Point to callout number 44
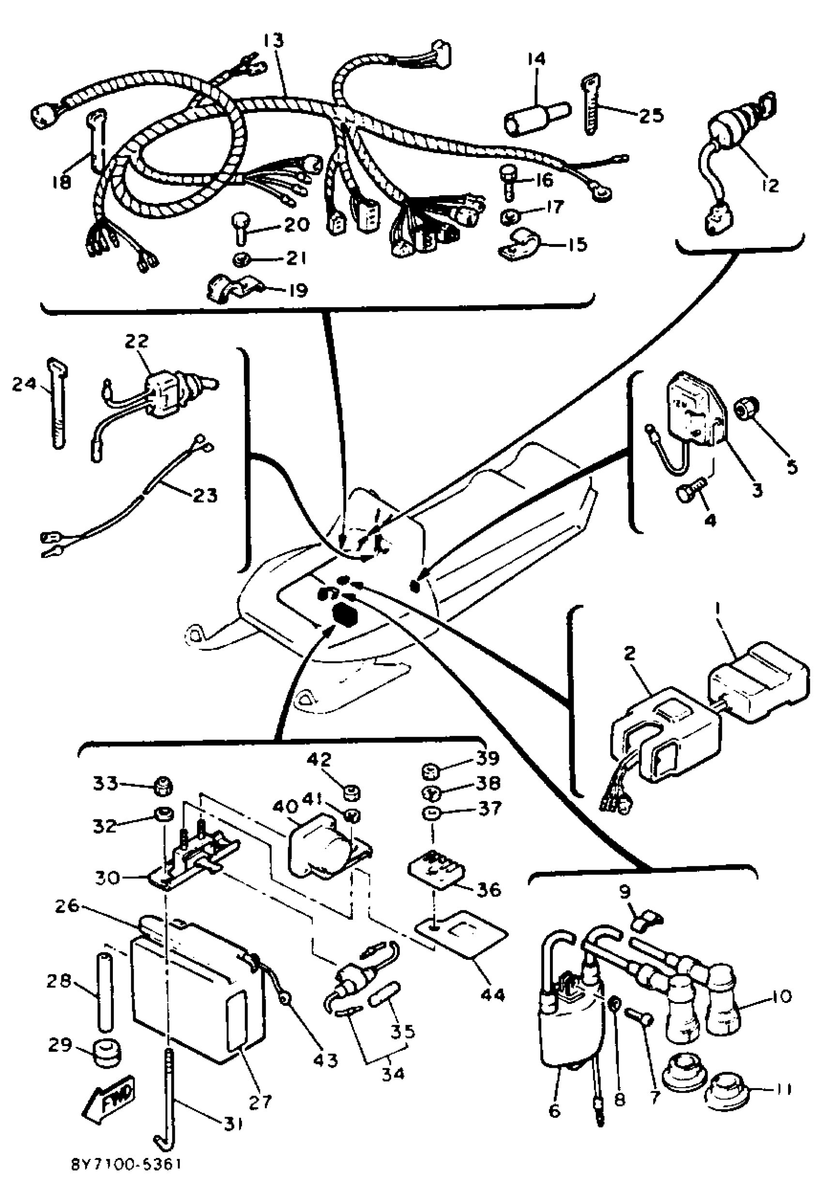point(492,994)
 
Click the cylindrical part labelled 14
point(535,120)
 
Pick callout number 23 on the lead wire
point(205,495)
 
